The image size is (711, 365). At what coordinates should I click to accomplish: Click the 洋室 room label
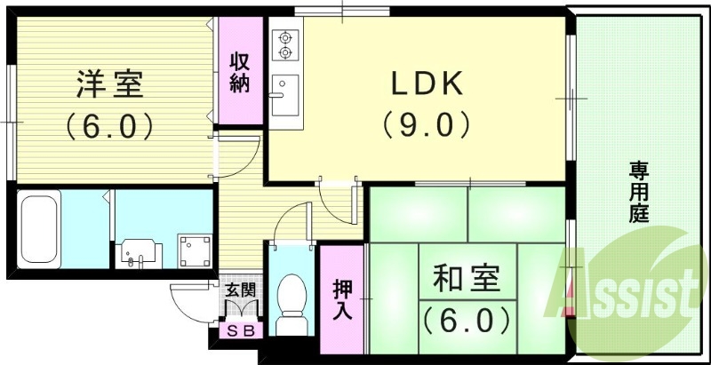109,85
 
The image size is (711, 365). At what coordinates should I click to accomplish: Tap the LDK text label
425,83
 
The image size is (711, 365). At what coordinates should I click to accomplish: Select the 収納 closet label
240,74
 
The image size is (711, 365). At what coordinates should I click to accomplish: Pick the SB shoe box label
240,331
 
